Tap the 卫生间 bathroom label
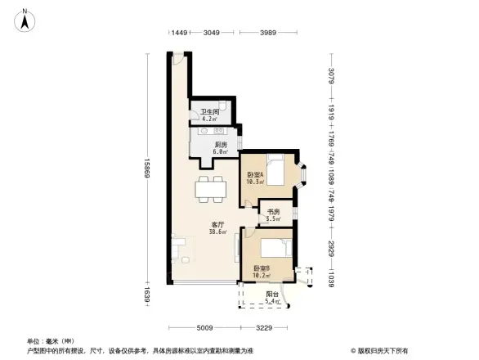tap(210, 115)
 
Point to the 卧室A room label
tap(255, 176)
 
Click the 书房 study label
tap(273, 214)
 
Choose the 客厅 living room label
tap(218, 228)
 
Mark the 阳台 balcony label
tap(271, 296)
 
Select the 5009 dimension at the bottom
tap(204, 327)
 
